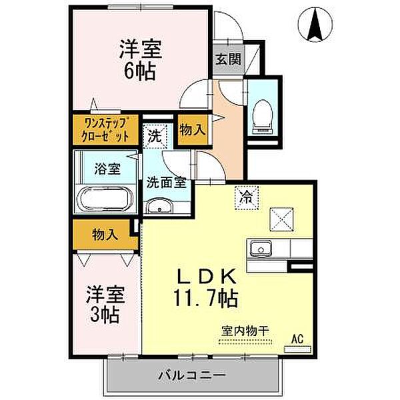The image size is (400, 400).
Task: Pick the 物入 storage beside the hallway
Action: [x=192, y=129]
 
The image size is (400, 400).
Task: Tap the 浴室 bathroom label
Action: [x=108, y=168]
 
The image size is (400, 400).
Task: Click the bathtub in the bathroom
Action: [x=107, y=199]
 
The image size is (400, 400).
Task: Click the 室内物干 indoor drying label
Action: [x=245, y=330]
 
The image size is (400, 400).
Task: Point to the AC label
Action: [x=297, y=339]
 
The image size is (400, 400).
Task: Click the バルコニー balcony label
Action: [x=192, y=375]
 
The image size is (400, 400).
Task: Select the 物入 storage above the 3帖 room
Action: [x=105, y=235]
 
